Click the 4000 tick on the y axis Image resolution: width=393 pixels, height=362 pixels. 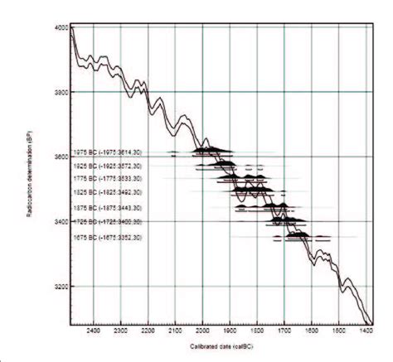tap(59, 28)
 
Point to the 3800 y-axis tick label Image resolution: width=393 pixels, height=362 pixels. tap(59, 93)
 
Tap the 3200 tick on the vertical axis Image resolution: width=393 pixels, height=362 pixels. tap(59, 287)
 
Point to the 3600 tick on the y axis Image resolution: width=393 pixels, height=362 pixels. tap(59, 157)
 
